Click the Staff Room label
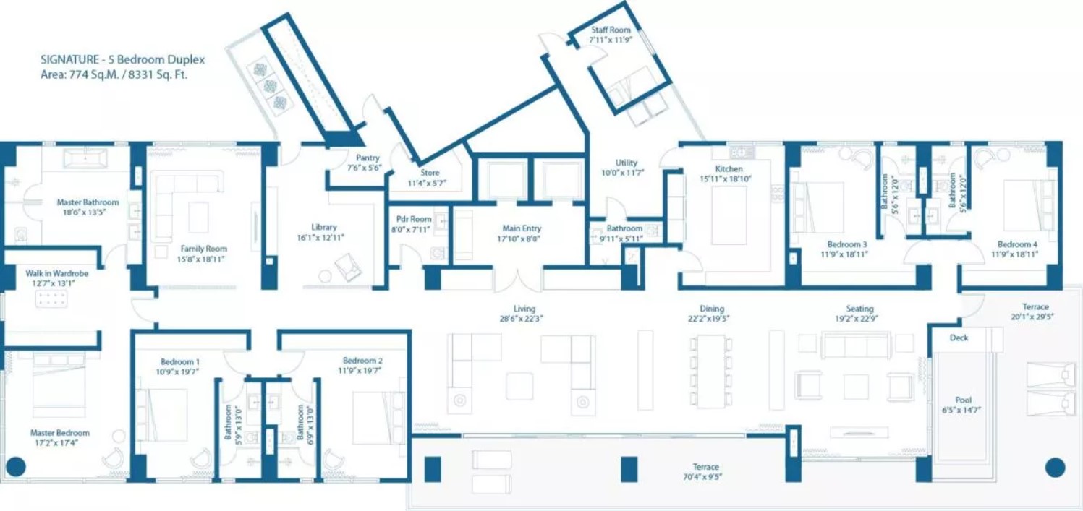point(611,30)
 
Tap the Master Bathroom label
point(88,202)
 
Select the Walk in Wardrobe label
point(57,273)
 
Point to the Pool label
point(963,400)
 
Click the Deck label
point(959,338)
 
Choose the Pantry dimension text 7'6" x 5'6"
point(365,168)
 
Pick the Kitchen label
point(729,168)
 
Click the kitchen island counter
point(729,215)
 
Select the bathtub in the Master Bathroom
point(85,158)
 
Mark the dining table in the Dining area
point(710,371)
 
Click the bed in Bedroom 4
point(1029,206)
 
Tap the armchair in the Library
point(348,267)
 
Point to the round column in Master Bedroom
point(15,467)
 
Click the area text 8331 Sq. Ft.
point(158,75)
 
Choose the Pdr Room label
point(414,219)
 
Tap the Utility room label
point(626,163)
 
